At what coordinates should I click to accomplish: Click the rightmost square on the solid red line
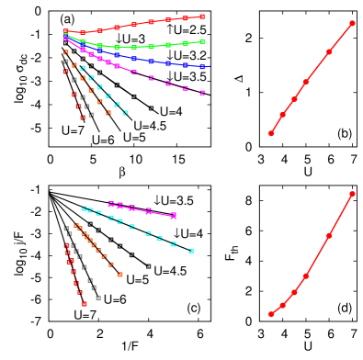(x=202, y=17)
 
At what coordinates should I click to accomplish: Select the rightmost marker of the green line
(x=202, y=41)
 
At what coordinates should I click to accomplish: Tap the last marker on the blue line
(x=203, y=66)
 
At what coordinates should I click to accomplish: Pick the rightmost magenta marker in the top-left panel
(x=203, y=93)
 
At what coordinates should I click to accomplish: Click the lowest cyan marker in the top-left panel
(x=125, y=113)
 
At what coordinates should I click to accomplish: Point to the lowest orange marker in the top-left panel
(x=108, y=113)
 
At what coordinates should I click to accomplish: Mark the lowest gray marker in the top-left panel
(x=91, y=115)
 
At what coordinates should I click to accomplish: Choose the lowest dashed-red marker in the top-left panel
(x=83, y=118)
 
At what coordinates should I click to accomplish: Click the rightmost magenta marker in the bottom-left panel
(x=174, y=216)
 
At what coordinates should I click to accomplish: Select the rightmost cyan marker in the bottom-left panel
(x=191, y=250)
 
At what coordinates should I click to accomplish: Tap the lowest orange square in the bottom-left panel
(x=120, y=275)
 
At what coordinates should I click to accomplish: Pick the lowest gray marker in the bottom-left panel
(x=98, y=298)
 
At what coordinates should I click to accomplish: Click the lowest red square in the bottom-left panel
(x=85, y=303)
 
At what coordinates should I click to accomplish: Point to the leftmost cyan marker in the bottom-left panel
(x=85, y=208)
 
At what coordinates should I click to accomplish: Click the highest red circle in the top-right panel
(x=353, y=23)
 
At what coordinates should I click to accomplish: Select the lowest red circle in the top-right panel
(x=270, y=133)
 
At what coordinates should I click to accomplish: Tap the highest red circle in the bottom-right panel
(x=353, y=194)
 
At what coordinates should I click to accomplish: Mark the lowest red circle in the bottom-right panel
(x=270, y=314)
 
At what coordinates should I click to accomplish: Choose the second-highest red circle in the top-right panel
(x=329, y=51)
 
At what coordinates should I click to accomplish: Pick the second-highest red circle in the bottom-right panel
(x=329, y=236)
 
